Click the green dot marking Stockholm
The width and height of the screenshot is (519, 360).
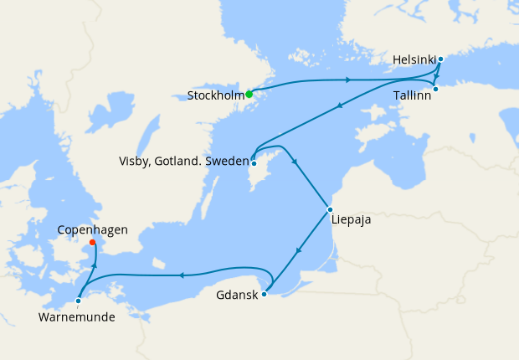point(249,94)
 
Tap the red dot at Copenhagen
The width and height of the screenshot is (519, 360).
point(92,244)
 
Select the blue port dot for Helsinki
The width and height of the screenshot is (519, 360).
point(440,59)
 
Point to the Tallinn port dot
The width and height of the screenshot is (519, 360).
point(435,89)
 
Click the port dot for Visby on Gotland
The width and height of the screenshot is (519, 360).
point(253,163)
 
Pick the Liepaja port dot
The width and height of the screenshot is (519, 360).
point(330,209)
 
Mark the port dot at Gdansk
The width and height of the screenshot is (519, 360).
point(264,294)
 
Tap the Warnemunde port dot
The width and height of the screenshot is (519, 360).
point(78,301)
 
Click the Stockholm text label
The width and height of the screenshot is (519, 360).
point(215,95)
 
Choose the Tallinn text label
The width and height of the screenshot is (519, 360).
point(413,97)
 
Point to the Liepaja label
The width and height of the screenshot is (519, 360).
point(351,222)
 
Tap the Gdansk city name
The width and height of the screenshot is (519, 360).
point(236,296)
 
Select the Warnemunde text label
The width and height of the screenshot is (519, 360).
point(77,317)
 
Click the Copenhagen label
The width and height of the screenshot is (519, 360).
point(92,229)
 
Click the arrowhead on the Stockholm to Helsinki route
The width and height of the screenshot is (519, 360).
point(347,80)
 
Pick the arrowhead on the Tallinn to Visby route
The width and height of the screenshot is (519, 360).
point(339,106)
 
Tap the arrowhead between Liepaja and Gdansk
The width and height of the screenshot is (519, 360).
point(300,250)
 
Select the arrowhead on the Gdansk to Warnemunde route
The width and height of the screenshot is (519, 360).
point(179,274)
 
